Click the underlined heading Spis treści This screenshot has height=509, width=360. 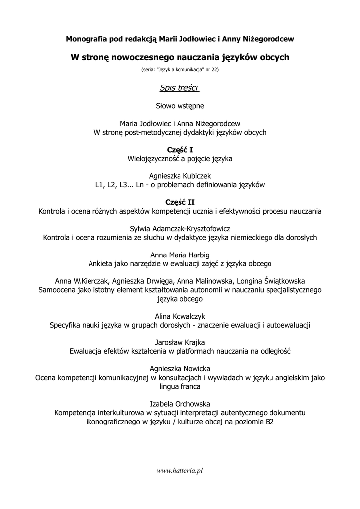180,88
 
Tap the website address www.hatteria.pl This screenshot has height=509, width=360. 180,470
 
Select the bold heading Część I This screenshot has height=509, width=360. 180,150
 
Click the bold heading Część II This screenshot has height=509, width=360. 180,202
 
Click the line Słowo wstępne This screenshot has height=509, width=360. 180,106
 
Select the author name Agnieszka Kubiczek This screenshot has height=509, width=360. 180,176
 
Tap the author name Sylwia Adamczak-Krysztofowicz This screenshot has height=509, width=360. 180,228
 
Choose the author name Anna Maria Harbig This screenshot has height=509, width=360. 180,254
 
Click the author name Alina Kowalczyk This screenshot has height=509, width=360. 180,316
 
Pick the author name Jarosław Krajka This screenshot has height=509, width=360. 180,342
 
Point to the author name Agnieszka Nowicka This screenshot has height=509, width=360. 180,369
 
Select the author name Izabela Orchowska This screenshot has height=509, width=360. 180,404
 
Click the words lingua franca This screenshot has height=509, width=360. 180,386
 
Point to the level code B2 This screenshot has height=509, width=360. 269,422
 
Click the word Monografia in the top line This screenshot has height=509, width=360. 85,38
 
